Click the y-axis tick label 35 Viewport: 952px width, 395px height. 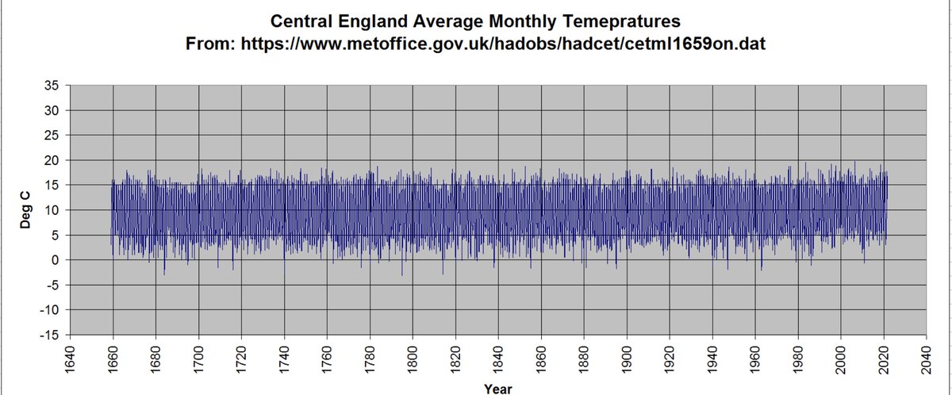click(x=52, y=86)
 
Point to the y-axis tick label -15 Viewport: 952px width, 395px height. click(x=49, y=335)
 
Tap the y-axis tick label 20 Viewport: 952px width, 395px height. click(x=52, y=160)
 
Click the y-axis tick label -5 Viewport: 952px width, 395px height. click(x=52, y=285)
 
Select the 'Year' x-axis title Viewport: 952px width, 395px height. click(x=497, y=388)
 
